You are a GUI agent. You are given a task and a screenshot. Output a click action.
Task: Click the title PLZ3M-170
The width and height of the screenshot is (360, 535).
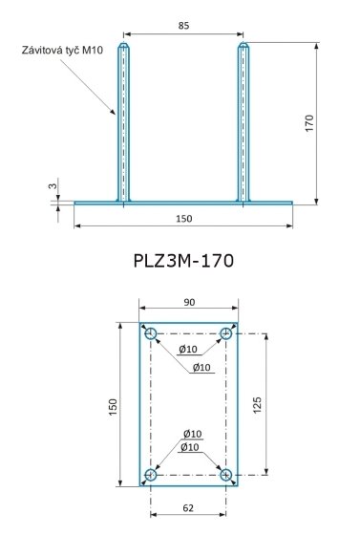183,261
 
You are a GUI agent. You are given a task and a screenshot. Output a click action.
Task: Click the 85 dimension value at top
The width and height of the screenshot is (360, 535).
183,26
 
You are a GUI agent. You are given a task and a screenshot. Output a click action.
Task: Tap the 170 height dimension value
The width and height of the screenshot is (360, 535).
308,123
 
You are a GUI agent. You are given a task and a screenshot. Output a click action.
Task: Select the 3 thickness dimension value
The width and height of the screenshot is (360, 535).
53,186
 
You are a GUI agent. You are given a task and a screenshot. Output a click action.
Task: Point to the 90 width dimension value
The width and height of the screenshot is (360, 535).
189,302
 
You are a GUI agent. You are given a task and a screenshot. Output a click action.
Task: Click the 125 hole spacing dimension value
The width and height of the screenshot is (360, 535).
258,405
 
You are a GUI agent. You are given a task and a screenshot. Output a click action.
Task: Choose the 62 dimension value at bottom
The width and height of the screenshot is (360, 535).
188,508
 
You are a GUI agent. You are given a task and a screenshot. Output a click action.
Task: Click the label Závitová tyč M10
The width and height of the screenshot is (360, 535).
62,50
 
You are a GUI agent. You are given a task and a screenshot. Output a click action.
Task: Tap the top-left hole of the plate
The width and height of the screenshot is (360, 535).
151,333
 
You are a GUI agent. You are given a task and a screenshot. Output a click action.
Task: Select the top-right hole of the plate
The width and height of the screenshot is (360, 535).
225,333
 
